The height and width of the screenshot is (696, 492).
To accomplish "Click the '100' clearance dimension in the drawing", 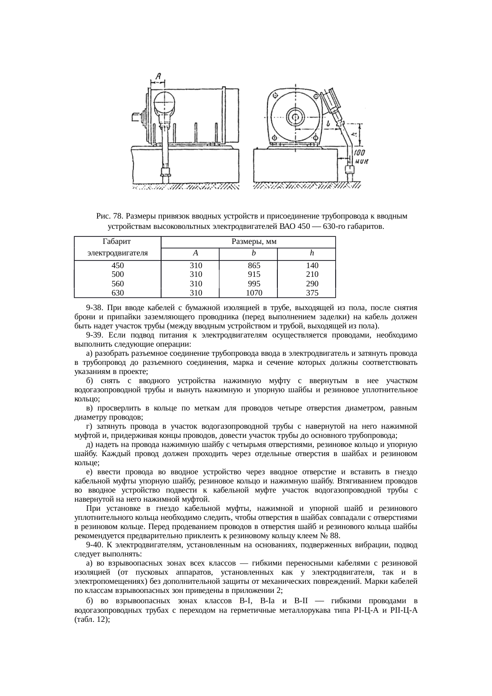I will (x=360, y=152).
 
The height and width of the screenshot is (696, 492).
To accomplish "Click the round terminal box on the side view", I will (x=164, y=102).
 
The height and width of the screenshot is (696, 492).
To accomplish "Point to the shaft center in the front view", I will (x=295, y=117).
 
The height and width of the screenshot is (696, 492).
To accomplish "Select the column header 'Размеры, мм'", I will (x=248, y=242).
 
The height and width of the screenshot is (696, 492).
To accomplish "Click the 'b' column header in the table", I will (x=254, y=253).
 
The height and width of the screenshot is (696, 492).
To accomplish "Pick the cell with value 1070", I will (x=254, y=293).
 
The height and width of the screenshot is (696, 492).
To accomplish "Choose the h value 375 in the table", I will (x=312, y=293).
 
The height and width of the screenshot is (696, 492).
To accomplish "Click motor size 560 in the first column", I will (x=117, y=284).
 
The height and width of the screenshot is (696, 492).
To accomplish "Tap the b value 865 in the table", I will (x=254, y=265).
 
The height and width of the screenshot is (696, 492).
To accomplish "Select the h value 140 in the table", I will (x=312, y=265).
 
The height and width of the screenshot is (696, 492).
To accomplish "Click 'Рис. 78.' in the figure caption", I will (x=110, y=216).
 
